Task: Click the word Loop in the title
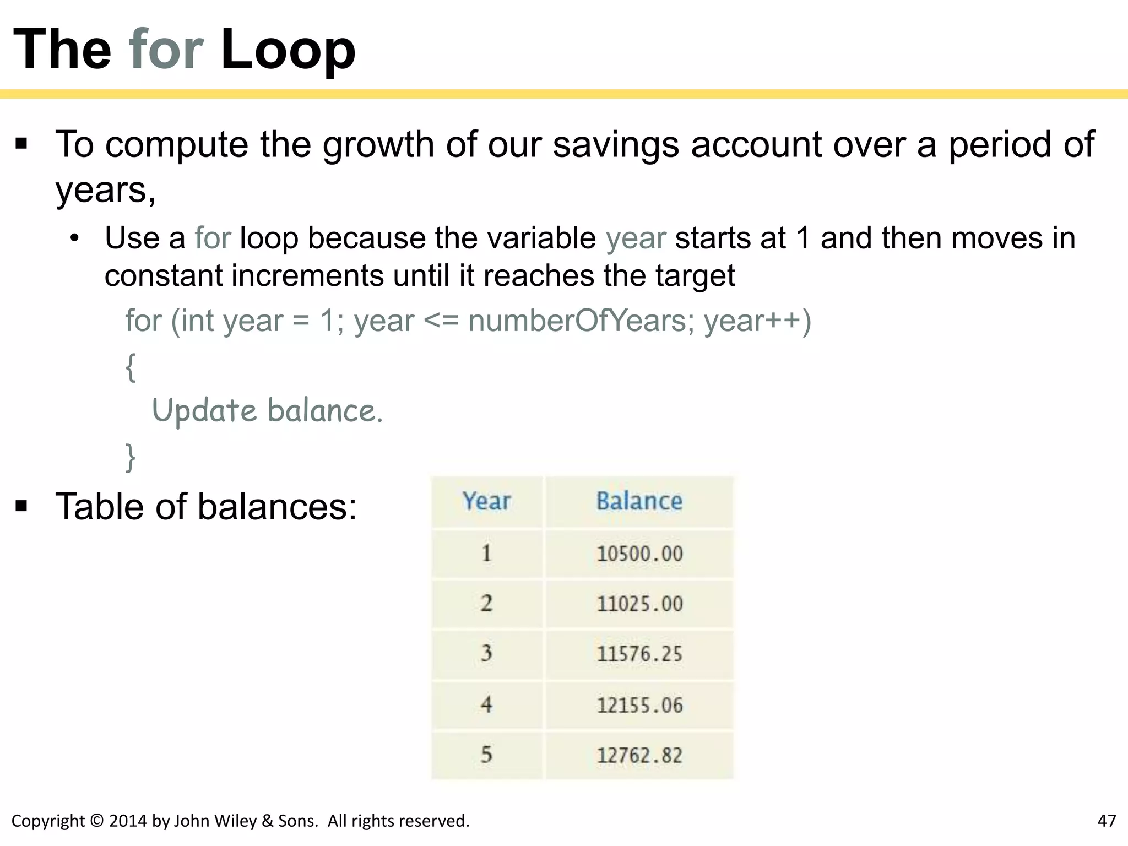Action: [288, 50]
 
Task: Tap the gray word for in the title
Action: [166, 50]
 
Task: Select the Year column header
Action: [486, 501]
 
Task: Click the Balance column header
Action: [639, 501]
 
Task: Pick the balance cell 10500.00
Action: [639, 554]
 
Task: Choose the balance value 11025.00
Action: [639, 604]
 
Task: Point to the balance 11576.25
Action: [639, 654]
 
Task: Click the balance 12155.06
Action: [639, 705]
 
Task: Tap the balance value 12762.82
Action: [639, 755]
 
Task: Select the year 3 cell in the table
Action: [486, 654]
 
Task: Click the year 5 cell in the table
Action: [486, 755]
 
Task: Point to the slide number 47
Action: [1107, 821]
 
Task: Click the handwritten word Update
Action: [204, 411]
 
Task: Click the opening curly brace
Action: [131, 367]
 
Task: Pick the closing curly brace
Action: [131, 457]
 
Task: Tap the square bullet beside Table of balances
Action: [21, 506]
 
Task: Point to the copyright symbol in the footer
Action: [96, 821]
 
